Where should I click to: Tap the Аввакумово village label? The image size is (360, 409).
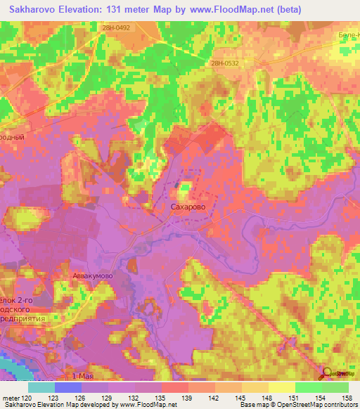pyautogui.click(x=94, y=276)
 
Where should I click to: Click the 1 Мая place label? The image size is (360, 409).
pyautogui.click(x=84, y=377)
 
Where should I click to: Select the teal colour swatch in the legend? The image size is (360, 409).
pyautogui.click(x=41, y=387)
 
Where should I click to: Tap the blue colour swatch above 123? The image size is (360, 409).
pyautogui.click(x=68, y=387)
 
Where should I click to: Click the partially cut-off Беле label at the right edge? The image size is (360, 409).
pyautogui.click(x=349, y=34)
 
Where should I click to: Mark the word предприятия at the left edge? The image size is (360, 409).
pyautogui.click(x=25, y=318)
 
